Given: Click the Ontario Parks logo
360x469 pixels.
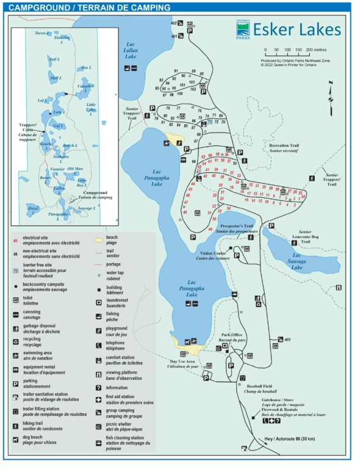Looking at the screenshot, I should pos(242,31).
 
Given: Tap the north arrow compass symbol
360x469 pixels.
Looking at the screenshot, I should pos(330,91).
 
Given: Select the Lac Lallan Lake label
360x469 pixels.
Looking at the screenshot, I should pos(131,50).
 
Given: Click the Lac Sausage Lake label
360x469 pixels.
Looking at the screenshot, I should pos(297,261).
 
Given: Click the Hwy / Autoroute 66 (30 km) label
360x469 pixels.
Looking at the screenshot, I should pos(290,438).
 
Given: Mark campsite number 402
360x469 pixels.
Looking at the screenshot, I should pos(175,23).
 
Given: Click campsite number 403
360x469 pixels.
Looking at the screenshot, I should pos(287,340).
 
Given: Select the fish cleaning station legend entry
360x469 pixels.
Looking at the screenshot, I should pos(125,442).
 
